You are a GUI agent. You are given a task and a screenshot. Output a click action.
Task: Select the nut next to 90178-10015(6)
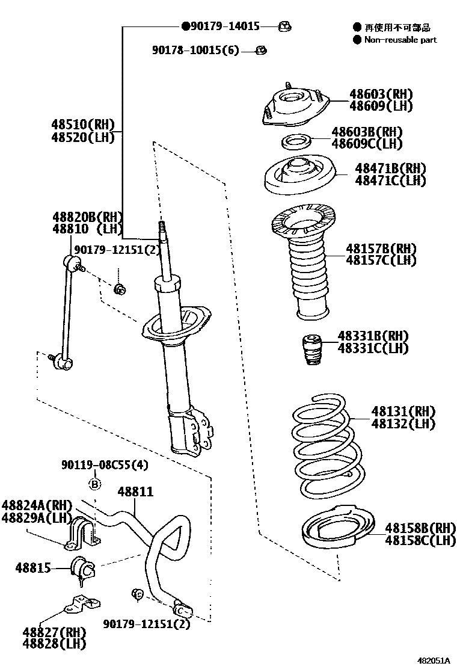point(261,50)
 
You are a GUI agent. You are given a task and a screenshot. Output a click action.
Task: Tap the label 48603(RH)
point(381,94)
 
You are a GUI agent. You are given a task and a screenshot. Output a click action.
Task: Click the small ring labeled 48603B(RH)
point(296,143)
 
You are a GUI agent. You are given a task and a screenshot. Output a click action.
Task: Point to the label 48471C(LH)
point(390,180)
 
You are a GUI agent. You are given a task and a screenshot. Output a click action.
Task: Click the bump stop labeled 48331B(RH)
point(310,349)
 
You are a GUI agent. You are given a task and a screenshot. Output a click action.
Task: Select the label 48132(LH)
point(403,424)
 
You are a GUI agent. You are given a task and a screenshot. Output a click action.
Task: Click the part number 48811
point(135,492)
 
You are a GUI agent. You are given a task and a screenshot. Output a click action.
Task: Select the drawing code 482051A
point(434,660)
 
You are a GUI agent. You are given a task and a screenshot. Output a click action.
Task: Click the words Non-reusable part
point(400,40)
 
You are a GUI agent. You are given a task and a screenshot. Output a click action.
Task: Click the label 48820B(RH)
point(87,217)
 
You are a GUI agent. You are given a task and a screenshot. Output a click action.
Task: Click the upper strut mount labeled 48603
point(295,106)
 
